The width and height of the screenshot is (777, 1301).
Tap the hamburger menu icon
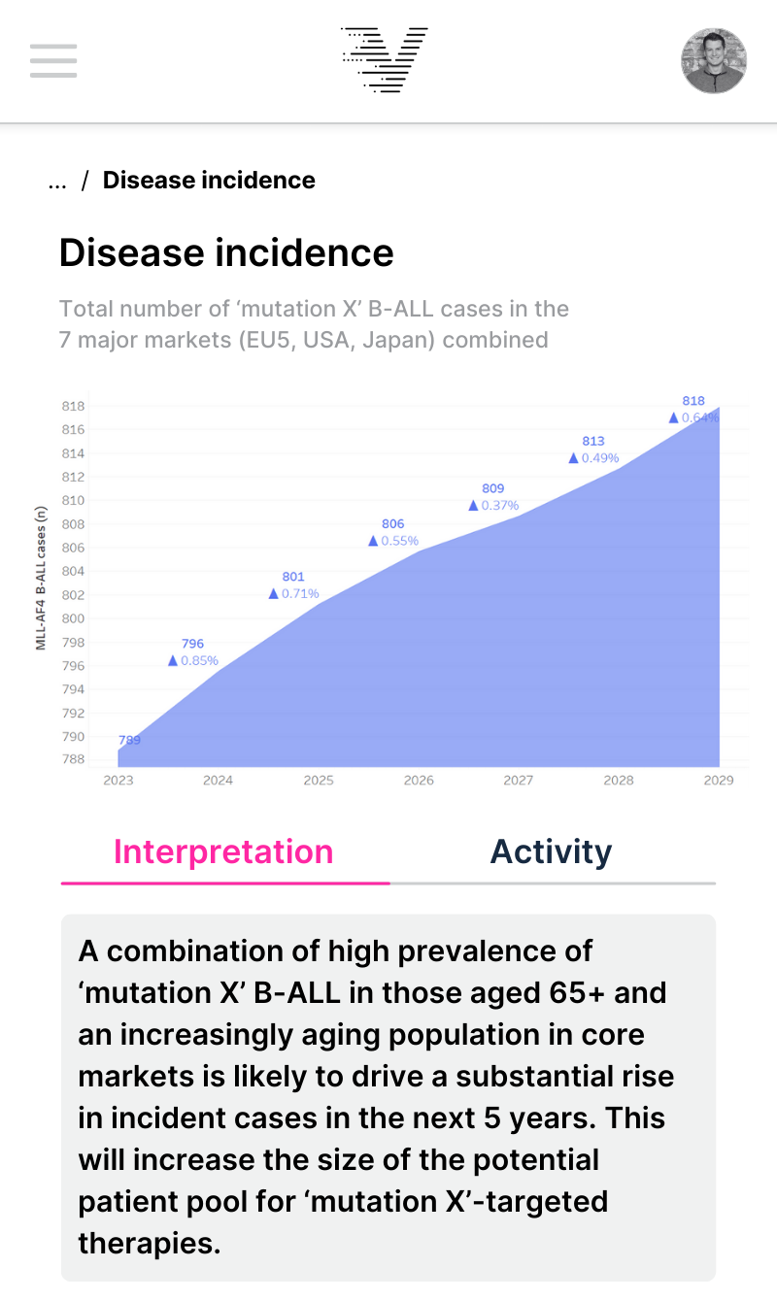(53, 60)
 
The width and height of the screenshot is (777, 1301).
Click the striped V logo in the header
(385, 60)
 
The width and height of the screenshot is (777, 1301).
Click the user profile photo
(714, 60)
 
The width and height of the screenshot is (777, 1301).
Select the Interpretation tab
(223, 851)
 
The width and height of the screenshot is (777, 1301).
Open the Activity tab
(551, 851)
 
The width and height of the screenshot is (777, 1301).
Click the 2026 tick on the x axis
(419, 780)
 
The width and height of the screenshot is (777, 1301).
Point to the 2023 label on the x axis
(118, 780)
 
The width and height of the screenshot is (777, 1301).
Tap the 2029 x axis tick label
(719, 780)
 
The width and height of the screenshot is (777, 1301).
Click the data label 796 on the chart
(192, 644)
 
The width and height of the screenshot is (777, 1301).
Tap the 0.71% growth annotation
(300, 594)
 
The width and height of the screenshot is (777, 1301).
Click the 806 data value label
(392, 524)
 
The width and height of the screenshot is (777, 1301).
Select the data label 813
(593, 441)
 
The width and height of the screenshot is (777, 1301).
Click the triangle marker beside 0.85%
(173, 661)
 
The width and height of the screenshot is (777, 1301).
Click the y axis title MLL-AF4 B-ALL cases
(42, 577)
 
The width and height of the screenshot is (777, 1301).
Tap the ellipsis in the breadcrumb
(57, 182)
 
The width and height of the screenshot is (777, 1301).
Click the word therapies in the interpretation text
(150, 1244)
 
